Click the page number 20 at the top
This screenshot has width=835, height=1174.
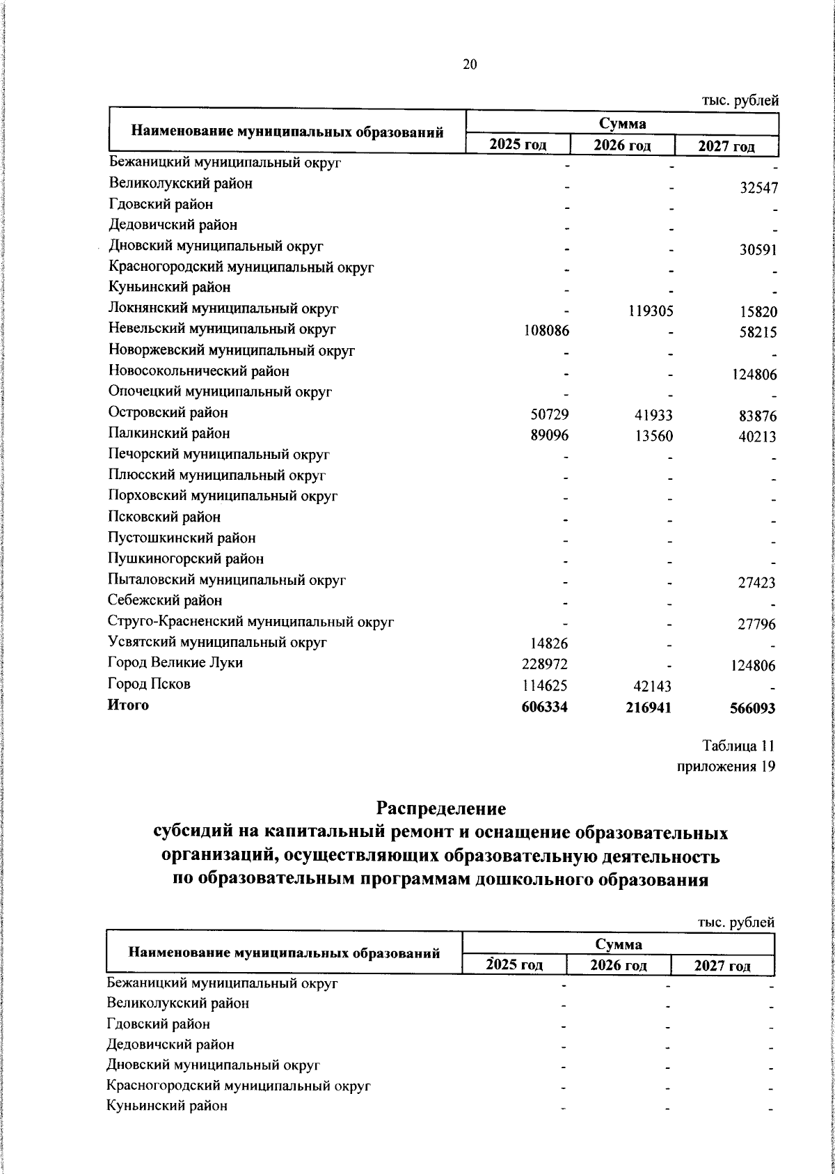[x=470, y=65]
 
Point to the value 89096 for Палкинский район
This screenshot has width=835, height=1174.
[x=550, y=435]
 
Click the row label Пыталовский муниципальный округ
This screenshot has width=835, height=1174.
[x=227, y=580]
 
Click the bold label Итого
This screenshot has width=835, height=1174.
[x=128, y=705]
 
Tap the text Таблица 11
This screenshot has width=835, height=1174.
[x=738, y=746]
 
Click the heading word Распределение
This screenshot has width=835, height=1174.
[x=440, y=809]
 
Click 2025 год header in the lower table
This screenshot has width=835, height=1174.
[x=514, y=965]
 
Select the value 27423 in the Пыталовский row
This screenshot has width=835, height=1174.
[x=756, y=584]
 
